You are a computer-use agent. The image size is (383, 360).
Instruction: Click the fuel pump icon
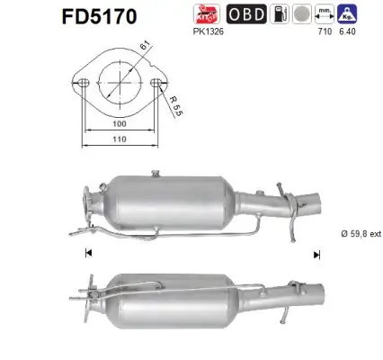point(307,13)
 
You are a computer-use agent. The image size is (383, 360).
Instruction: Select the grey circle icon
point(326,13)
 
